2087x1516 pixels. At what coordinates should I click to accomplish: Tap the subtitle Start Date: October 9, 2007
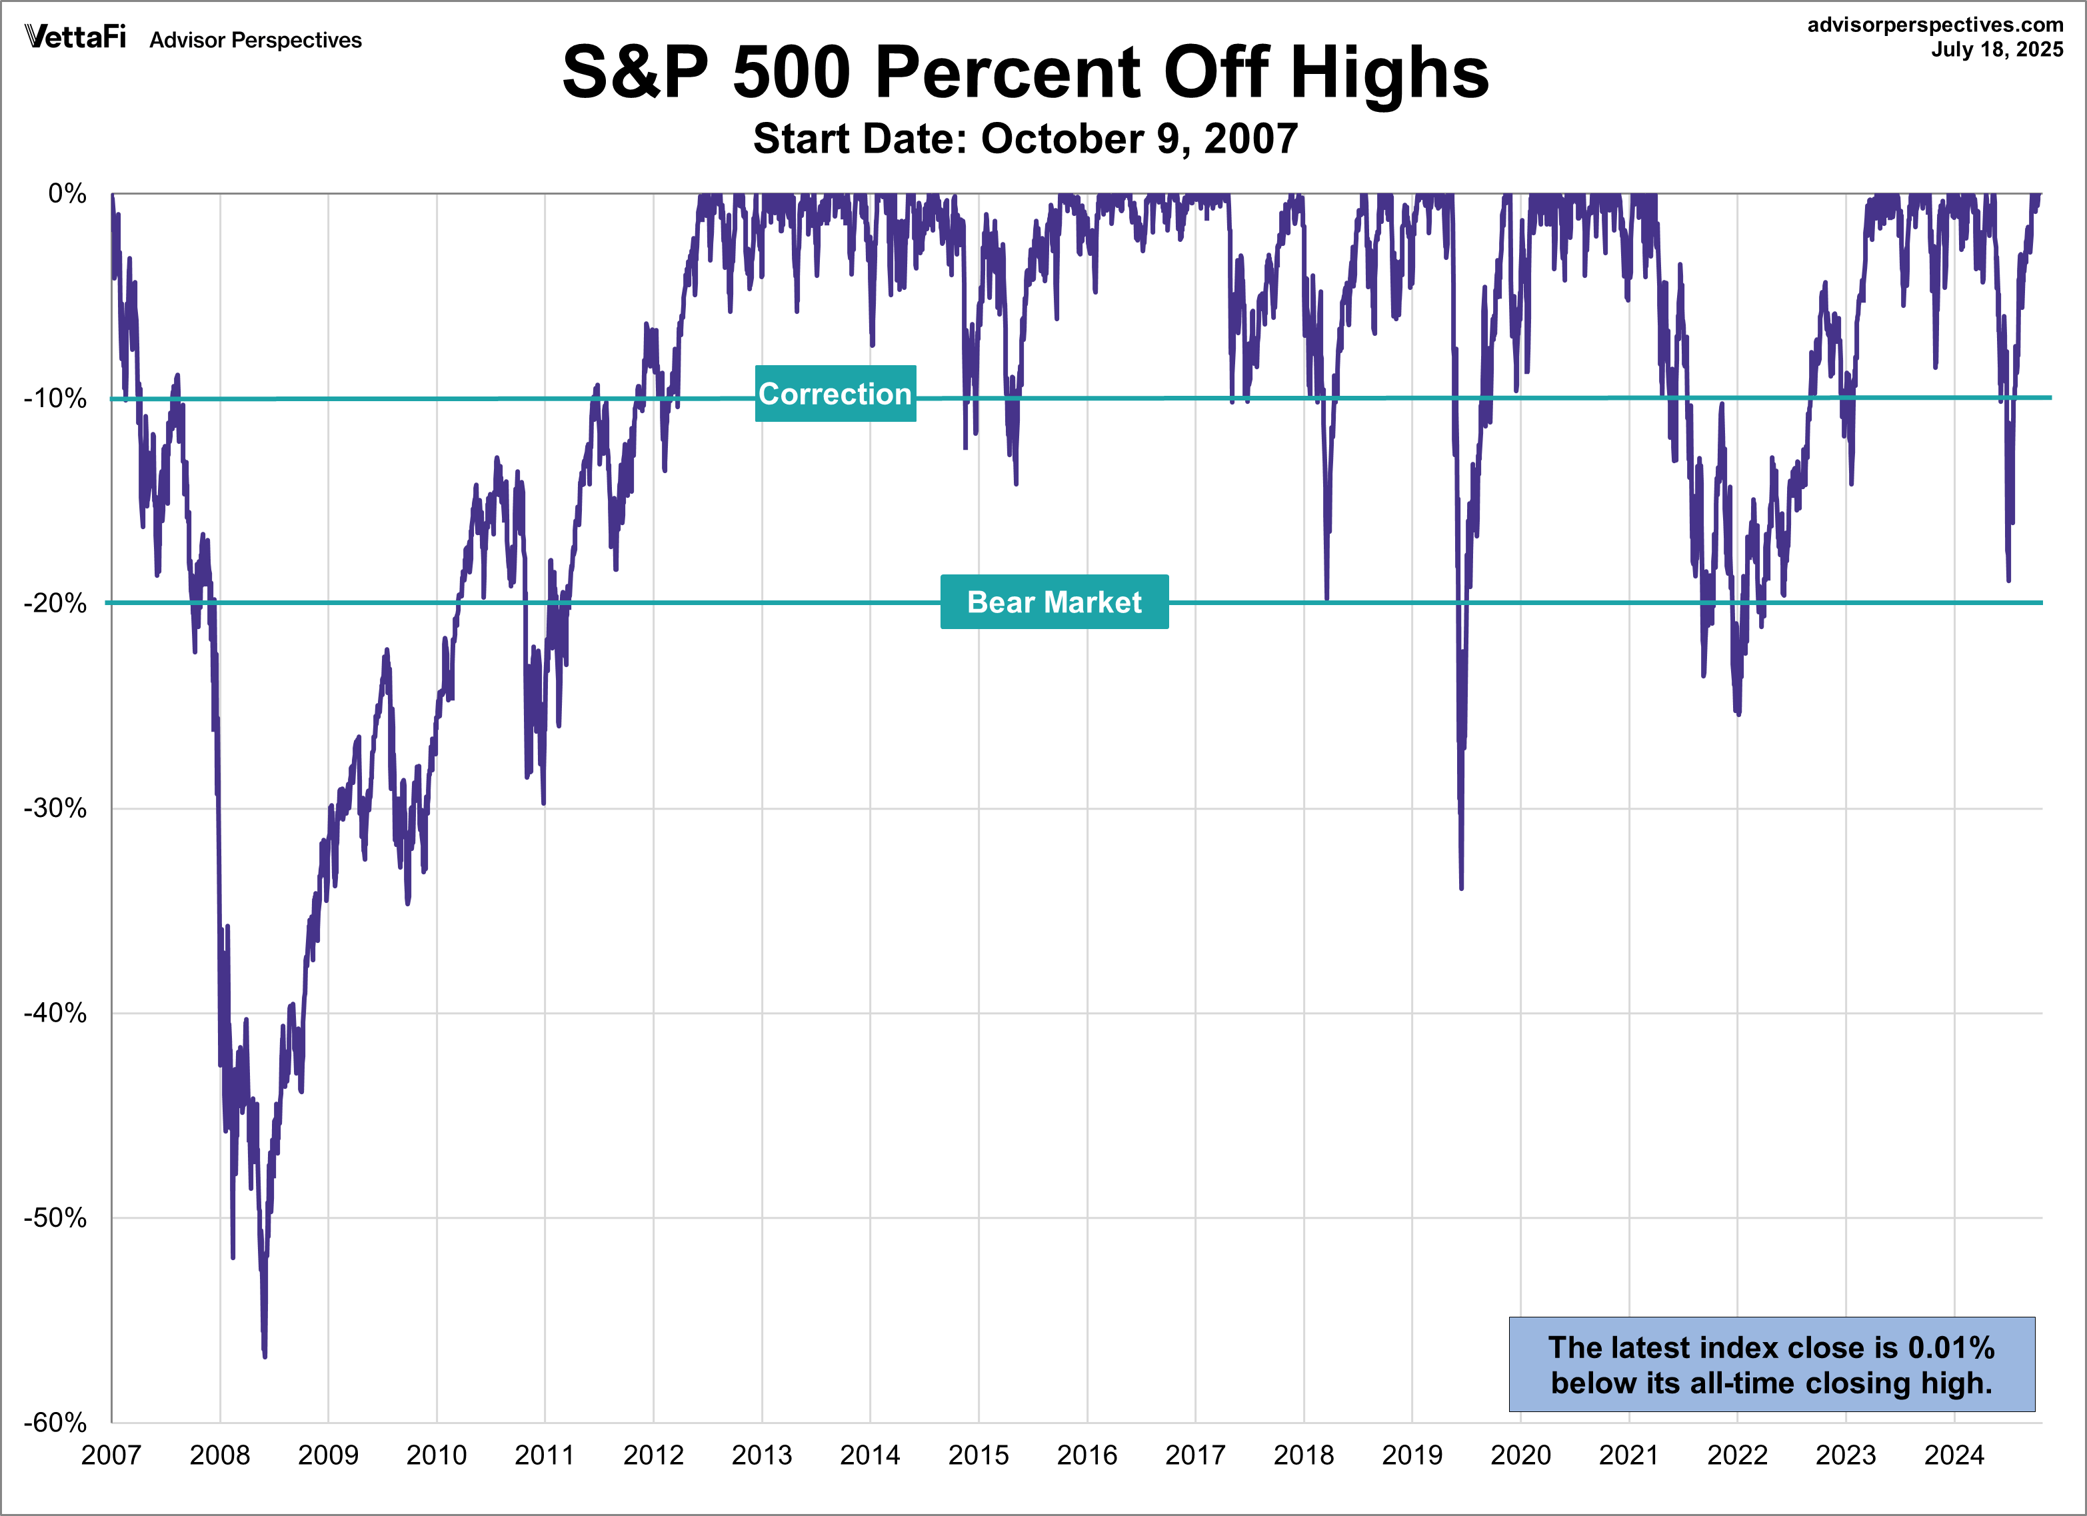(x=1025, y=139)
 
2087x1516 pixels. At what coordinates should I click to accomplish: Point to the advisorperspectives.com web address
(x=1934, y=25)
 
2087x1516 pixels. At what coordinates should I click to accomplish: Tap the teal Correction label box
(x=835, y=394)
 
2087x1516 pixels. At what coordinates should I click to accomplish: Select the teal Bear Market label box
(x=1054, y=602)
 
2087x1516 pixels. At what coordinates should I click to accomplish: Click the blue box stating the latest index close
(x=1770, y=1364)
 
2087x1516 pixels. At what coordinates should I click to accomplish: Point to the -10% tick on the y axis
(x=55, y=398)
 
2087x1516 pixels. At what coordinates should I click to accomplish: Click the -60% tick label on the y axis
(x=55, y=1422)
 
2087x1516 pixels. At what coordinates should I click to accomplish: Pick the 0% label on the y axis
(x=66, y=193)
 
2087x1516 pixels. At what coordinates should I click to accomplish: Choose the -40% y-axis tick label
(x=55, y=1013)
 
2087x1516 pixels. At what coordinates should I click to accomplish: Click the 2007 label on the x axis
(x=111, y=1455)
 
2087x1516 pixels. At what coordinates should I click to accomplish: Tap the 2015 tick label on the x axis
(x=978, y=1455)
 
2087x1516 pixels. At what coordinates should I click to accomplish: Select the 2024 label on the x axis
(x=1954, y=1455)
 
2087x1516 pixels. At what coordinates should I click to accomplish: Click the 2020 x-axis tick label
(x=1520, y=1455)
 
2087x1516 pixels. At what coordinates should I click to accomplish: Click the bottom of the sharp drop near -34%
(x=1461, y=887)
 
